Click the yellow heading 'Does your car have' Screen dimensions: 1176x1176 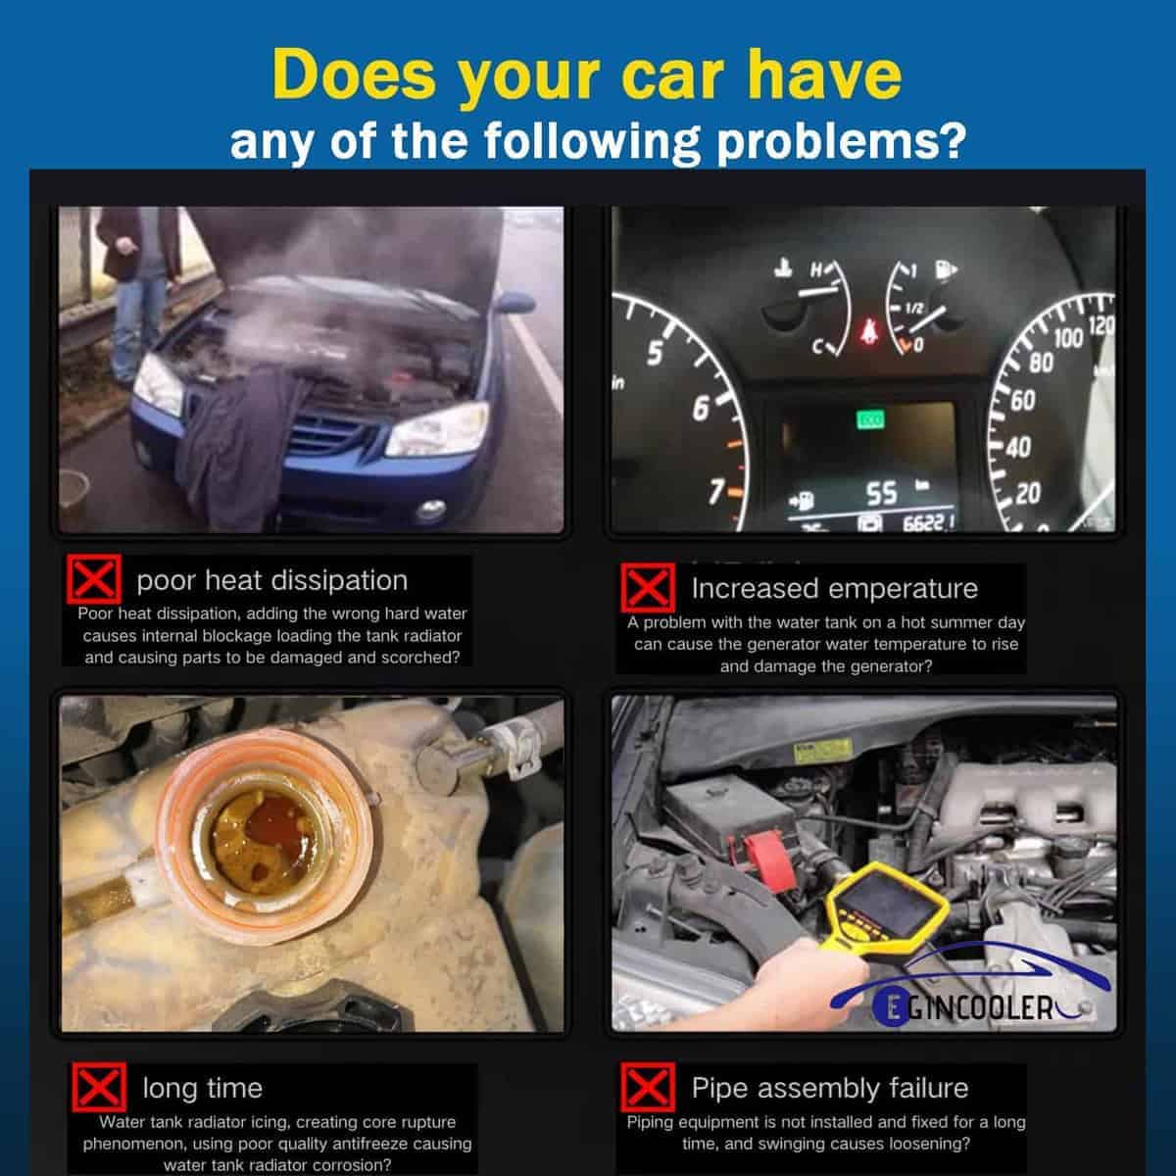tap(587, 76)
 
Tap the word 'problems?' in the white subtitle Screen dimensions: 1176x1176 tap(842, 141)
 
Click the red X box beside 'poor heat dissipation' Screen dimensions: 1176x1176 tap(94, 579)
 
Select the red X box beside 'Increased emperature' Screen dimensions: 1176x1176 tap(648, 588)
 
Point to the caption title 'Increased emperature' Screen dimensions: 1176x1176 tap(834, 588)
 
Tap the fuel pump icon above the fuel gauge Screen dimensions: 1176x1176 tap(946, 269)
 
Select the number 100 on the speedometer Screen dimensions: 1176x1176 tap(1068, 339)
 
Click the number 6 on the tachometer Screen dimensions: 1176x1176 tap(701, 409)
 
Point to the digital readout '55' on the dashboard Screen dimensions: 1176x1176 tap(882, 493)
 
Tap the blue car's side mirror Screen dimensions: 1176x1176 tap(515, 302)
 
